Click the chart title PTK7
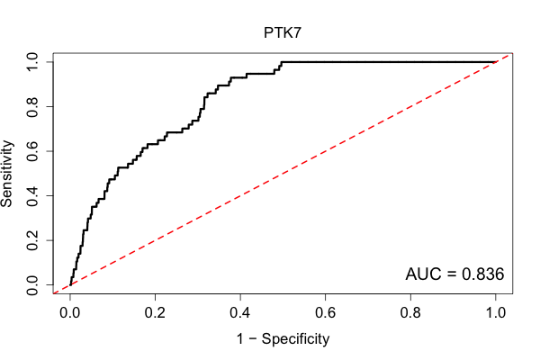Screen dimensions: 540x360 [283, 32]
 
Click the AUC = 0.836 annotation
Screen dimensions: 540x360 [454, 274]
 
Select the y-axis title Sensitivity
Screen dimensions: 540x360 [6, 174]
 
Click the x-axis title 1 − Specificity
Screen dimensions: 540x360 [283, 339]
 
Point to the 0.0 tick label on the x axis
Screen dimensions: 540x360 [70, 313]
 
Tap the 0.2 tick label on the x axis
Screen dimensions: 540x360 [155, 313]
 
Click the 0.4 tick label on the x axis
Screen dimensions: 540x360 [240, 313]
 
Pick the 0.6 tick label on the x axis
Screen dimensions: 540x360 [325, 313]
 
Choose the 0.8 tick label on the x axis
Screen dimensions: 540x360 [410, 313]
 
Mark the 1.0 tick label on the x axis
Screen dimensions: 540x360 [496, 313]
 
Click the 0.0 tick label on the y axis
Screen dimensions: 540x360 [32, 285]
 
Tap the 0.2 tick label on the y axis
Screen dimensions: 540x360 [32, 240]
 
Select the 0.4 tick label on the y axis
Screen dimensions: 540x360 [32, 195]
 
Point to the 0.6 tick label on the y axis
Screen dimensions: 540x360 [32, 151]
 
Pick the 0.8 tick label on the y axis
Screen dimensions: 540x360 [32, 107]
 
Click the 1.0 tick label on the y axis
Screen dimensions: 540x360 [32, 62]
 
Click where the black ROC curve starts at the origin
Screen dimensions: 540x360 [70, 284]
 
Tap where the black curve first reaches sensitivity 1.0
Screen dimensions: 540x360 [282, 62]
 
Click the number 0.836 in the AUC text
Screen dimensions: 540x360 [482, 274]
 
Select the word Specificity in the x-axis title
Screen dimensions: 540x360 [295, 339]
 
